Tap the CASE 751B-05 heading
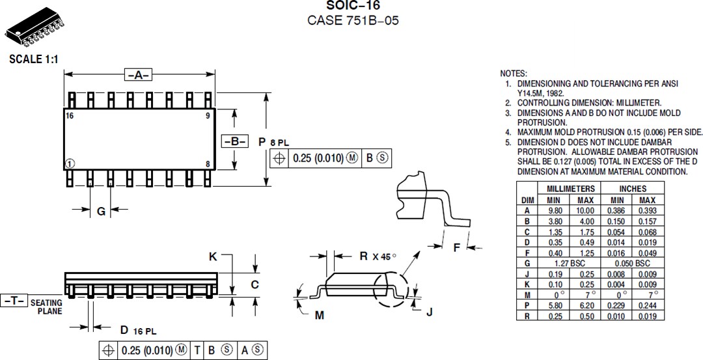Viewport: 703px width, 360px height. point(352,20)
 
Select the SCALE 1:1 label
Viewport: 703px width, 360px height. point(34,59)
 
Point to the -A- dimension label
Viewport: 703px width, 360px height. point(137,75)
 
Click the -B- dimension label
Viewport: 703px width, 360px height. point(235,141)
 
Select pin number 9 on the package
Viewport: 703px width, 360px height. point(207,115)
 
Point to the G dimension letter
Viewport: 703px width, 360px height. point(101,211)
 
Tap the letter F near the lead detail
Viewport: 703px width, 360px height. point(457,247)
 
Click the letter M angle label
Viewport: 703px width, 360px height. point(319,315)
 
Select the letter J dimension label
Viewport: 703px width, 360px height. point(430,311)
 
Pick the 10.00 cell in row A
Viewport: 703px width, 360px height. point(585,210)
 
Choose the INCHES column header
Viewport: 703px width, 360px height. point(632,189)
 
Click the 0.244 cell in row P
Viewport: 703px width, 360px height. point(647,305)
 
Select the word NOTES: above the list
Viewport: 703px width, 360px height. point(514,74)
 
